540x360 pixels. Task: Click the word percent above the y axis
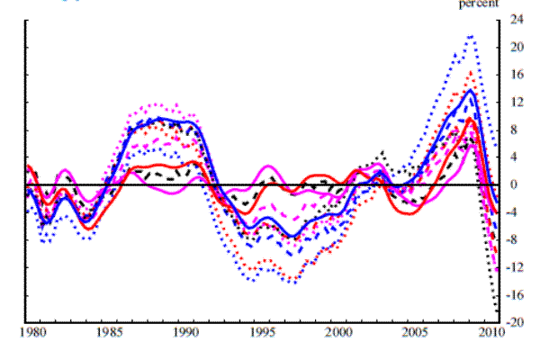click(x=478, y=4)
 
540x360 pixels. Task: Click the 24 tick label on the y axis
click(x=517, y=19)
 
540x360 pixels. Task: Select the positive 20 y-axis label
click(x=517, y=47)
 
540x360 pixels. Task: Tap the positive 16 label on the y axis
click(x=517, y=75)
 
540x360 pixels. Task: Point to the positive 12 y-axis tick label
click(x=517, y=102)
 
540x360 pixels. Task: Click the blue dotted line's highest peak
click(x=471, y=36)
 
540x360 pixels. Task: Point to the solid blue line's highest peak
click(x=471, y=90)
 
